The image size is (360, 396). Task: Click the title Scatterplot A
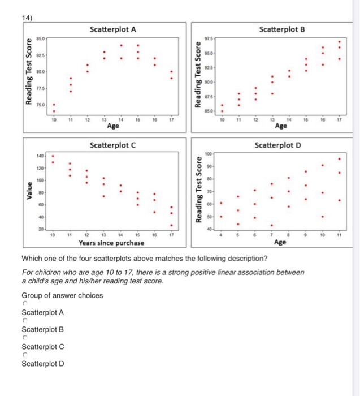(x=113, y=29)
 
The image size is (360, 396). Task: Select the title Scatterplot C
(x=113, y=145)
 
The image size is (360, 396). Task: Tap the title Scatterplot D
(x=281, y=145)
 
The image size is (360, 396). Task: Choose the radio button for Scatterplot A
(x=24, y=304)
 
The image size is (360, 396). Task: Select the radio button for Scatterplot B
(x=24, y=321)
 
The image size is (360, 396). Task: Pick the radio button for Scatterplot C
(x=24, y=338)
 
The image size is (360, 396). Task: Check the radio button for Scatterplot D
(x=24, y=355)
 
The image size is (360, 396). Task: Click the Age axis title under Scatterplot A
(x=113, y=126)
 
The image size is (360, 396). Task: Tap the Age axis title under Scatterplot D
(x=280, y=243)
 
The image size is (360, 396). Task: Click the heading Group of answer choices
(x=62, y=295)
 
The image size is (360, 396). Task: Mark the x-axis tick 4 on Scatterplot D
(x=221, y=234)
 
